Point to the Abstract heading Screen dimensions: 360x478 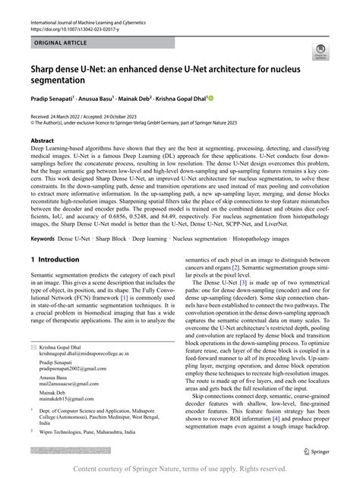(x=42, y=141)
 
